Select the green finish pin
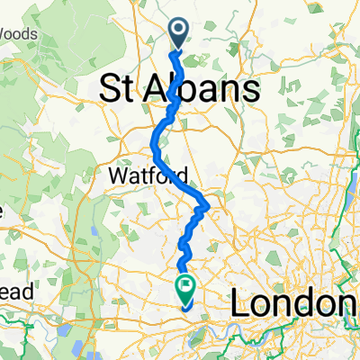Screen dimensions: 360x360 (x=186, y=289)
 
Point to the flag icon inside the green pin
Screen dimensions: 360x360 (x=186, y=287)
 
